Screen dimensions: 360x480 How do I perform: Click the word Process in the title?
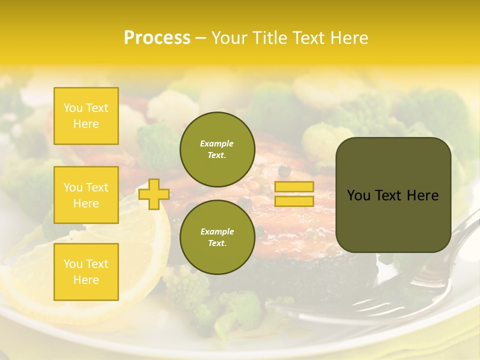coord(157,37)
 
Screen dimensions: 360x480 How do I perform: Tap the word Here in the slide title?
coord(348,37)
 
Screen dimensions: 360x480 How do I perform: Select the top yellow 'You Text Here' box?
coord(86,116)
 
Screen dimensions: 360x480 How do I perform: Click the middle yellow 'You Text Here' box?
coord(86,195)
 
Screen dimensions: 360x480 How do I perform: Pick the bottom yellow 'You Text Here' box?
coord(86,272)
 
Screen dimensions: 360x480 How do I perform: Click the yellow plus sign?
coord(154,194)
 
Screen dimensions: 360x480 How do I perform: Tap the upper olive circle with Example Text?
coord(217,149)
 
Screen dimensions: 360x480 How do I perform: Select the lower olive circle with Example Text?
coord(217,237)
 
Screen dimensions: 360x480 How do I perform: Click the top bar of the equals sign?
coord(294,186)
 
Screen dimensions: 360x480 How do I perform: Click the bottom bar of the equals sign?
coord(294,201)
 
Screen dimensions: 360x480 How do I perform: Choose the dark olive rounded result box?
coord(393,195)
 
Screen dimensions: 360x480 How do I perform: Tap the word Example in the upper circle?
coord(217,143)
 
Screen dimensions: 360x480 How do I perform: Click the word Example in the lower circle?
coord(217,231)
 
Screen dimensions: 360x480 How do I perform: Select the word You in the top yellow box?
coord(73,108)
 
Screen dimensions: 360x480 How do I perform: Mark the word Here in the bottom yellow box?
coord(86,280)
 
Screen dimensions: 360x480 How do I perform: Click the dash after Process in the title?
coord(201,38)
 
